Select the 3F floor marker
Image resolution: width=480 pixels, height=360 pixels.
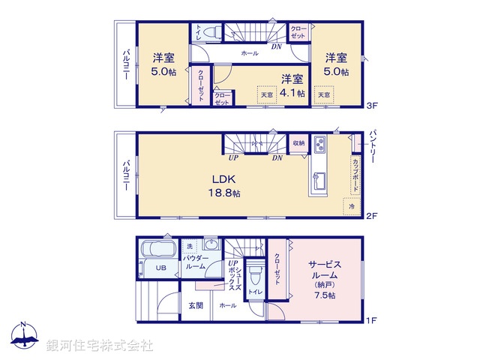click(x=370, y=106)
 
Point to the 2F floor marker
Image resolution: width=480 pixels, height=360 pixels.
click(x=370, y=214)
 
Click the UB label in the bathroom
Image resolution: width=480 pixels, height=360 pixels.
click(x=160, y=268)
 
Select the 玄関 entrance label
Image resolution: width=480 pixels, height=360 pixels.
click(x=195, y=305)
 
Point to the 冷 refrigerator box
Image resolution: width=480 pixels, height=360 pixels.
click(x=350, y=205)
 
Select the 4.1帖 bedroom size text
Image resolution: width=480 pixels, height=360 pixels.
click(x=293, y=93)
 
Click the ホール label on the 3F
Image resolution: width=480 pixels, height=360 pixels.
click(x=250, y=54)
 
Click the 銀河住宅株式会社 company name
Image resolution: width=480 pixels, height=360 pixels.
click(x=100, y=346)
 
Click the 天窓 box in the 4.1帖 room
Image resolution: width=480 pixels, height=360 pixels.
click(x=267, y=94)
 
